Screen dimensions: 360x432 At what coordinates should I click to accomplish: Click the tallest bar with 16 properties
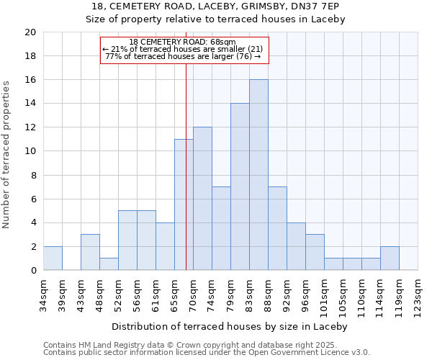point(258,175)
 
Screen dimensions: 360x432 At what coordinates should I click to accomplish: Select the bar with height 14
point(240,187)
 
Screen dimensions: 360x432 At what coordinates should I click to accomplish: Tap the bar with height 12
point(202,199)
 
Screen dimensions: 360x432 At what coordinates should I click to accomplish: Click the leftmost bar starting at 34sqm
point(53,258)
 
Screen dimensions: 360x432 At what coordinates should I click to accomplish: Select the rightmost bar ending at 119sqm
point(390,258)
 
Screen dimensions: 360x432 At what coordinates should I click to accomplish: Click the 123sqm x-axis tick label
point(418,293)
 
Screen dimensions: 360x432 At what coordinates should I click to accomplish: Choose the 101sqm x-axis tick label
point(306,293)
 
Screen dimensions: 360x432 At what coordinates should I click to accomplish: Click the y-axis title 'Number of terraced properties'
point(7,154)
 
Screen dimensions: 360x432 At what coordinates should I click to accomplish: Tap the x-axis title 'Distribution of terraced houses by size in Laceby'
point(230,326)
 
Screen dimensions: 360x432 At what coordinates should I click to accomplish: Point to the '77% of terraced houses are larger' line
point(183,56)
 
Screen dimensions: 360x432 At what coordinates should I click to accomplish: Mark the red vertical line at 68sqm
point(186,216)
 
